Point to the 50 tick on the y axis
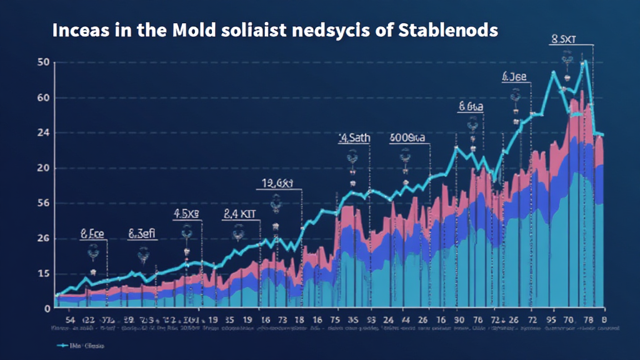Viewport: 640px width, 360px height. (43, 62)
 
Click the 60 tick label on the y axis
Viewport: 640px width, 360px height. (43, 98)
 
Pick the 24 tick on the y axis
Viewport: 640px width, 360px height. (43, 133)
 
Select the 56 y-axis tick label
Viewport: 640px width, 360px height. (43, 203)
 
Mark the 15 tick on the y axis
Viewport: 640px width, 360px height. (43, 273)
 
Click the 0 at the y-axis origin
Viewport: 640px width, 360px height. (47, 308)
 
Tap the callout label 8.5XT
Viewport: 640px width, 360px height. (562, 40)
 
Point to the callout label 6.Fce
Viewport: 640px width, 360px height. (92, 234)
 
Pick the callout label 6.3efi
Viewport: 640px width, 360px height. (142, 234)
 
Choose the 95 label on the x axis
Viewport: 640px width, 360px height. (551, 318)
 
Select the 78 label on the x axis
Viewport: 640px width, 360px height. (588, 318)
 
